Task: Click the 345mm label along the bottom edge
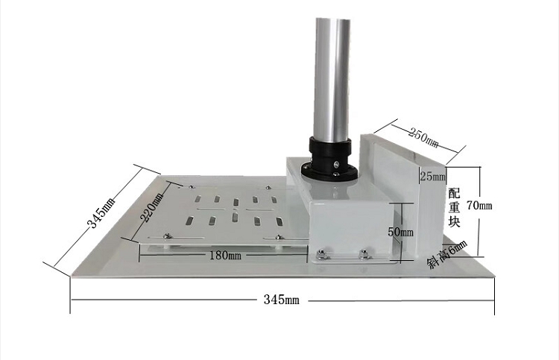click(281, 300)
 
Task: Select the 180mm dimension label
click(225, 255)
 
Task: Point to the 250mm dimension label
click(423, 137)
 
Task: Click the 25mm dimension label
click(433, 176)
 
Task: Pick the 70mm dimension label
click(479, 206)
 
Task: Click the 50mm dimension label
click(401, 232)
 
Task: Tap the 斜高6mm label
click(447, 254)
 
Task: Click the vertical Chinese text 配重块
click(454, 208)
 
